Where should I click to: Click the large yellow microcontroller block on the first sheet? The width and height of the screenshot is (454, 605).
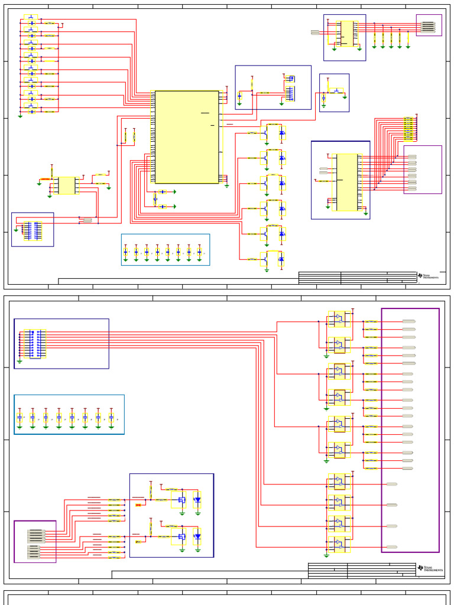pos(187,136)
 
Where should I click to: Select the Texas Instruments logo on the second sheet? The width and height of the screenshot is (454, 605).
pos(429,568)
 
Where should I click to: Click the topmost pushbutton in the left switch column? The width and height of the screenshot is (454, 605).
pos(31,18)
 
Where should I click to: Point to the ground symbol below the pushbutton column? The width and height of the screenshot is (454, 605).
pos(20,116)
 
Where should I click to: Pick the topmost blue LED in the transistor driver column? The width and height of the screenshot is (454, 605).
pos(281,133)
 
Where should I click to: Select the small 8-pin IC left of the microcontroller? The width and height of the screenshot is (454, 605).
pos(66,186)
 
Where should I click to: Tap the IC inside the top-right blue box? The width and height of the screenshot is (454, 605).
pos(347,34)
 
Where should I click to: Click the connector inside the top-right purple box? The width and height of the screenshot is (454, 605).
pos(428,27)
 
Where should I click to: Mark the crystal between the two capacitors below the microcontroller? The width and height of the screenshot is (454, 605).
pos(155,199)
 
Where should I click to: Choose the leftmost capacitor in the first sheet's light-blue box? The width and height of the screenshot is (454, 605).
pos(125,252)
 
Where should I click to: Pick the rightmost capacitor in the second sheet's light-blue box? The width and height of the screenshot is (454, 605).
pos(111,417)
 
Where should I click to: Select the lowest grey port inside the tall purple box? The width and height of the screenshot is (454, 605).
pos(391,547)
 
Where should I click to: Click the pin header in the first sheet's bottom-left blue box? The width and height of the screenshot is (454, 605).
pos(33,230)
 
